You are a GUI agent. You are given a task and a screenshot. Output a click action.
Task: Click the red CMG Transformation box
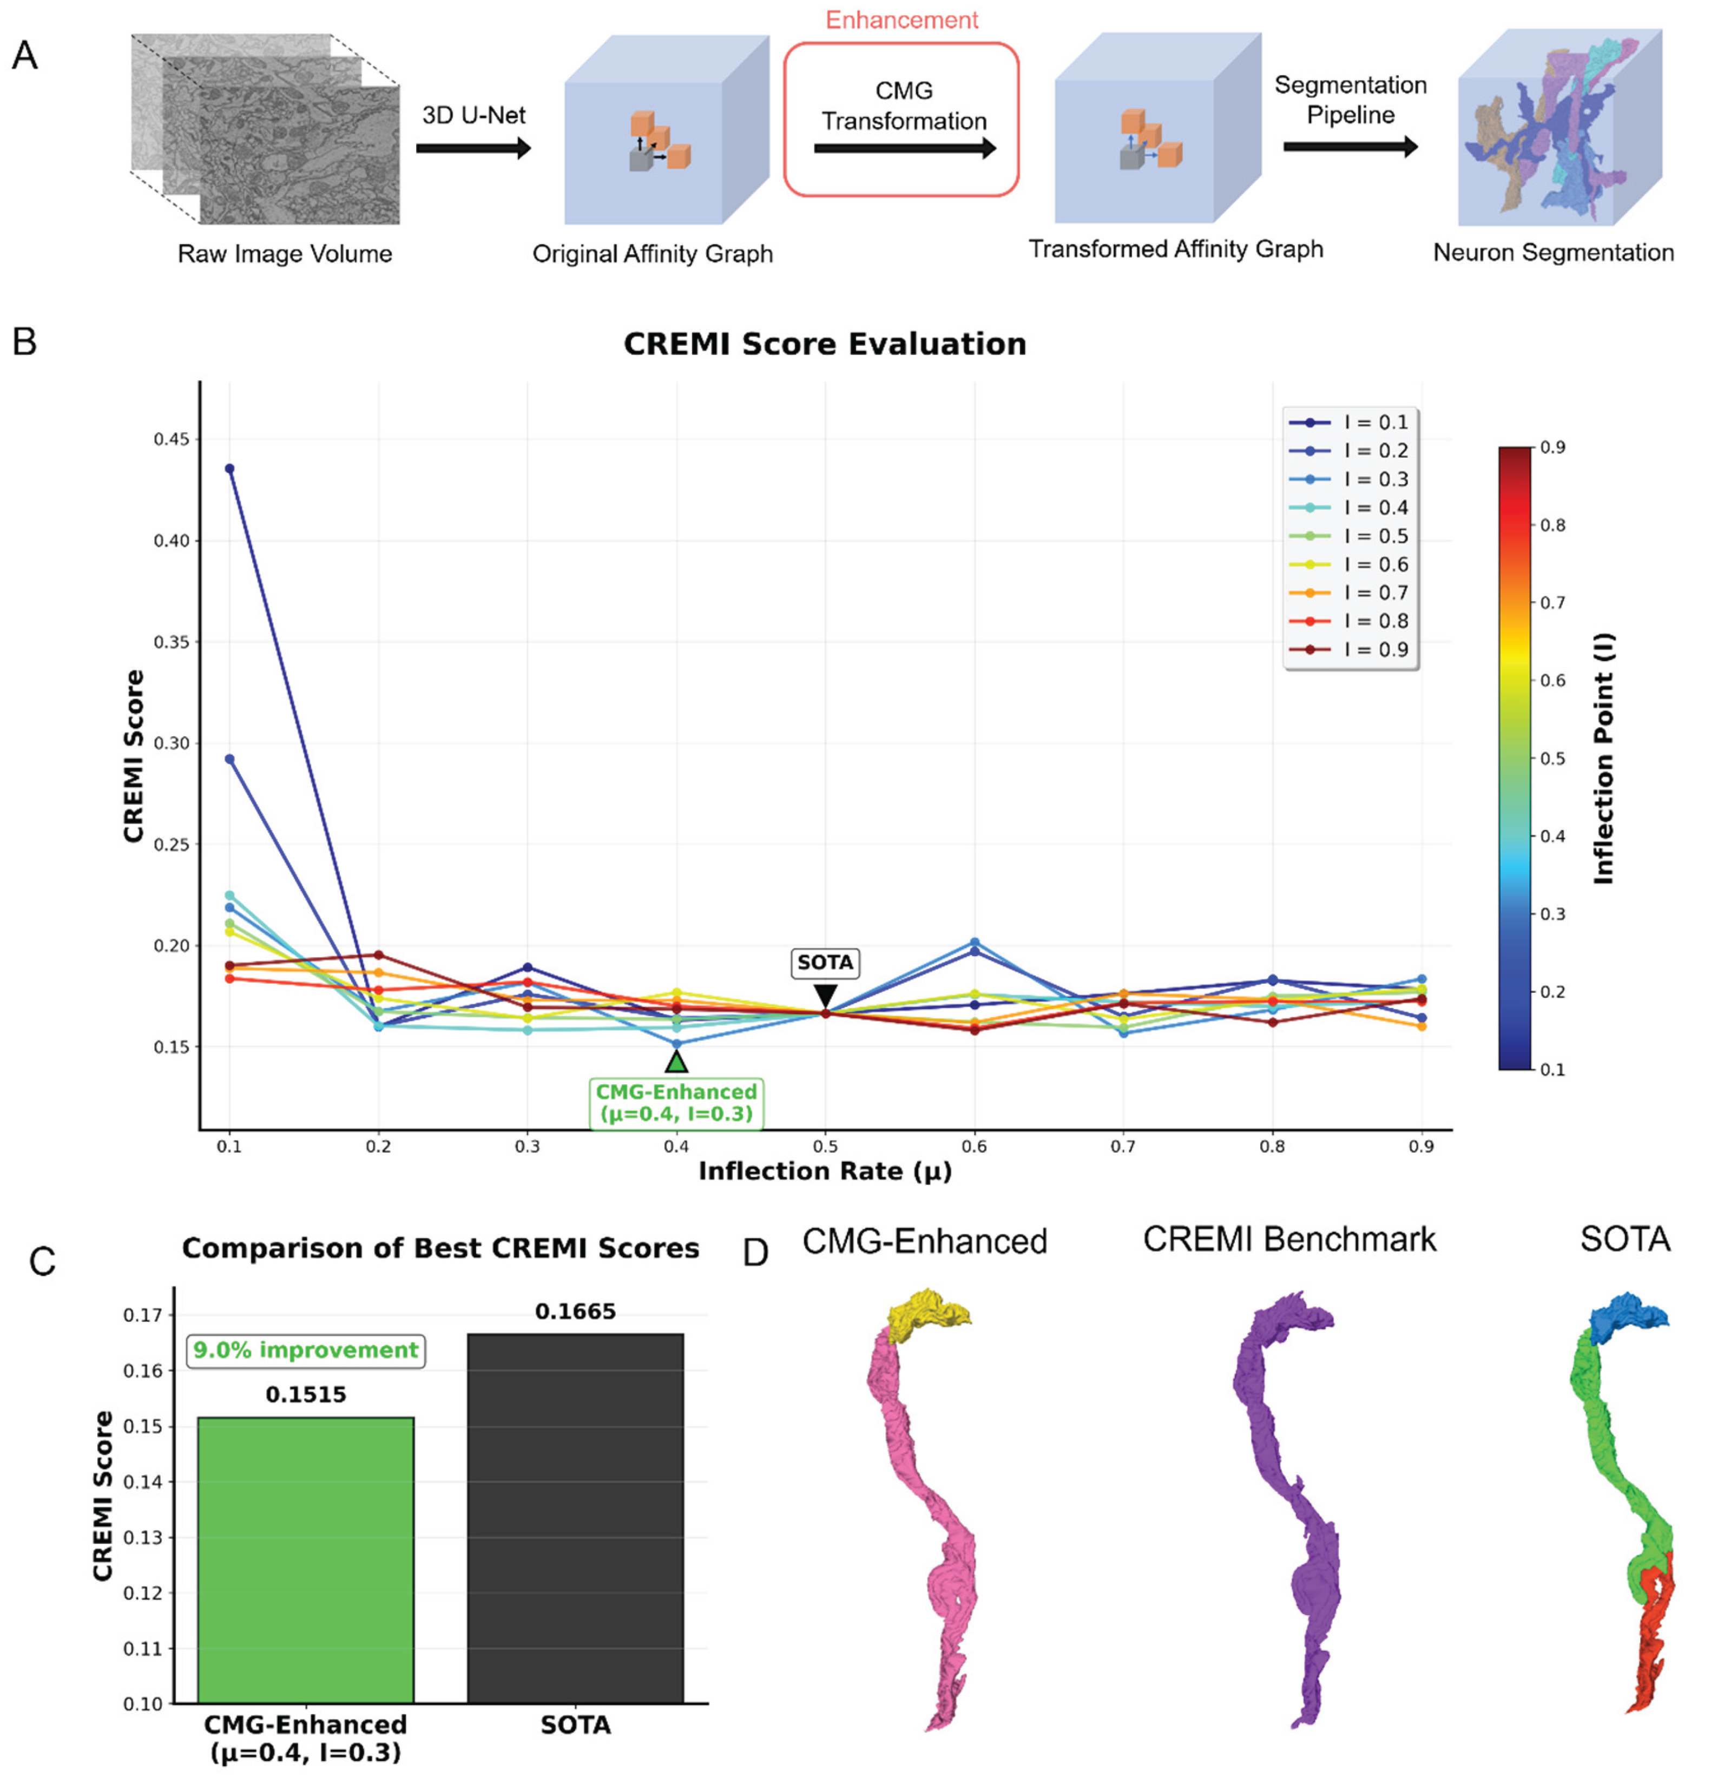[x=901, y=119]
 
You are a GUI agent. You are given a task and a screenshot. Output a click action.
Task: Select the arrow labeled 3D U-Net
[x=473, y=148]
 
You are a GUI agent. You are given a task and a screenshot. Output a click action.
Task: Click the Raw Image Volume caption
[x=285, y=254]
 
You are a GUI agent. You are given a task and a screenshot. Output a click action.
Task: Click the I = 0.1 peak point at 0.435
[x=229, y=469]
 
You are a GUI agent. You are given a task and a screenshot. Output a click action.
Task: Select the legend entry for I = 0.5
[x=1350, y=536]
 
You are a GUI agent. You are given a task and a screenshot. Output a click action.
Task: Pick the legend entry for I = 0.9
[x=1350, y=649]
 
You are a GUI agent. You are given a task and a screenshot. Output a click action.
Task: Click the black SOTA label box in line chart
[x=825, y=963]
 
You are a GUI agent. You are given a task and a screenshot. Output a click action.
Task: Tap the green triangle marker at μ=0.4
[x=676, y=1062]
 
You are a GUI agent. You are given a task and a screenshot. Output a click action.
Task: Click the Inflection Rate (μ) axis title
[x=824, y=1171]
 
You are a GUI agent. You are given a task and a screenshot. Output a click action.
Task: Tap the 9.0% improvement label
[x=306, y=1350]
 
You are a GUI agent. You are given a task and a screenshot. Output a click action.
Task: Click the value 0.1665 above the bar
[x=575, y=1312]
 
